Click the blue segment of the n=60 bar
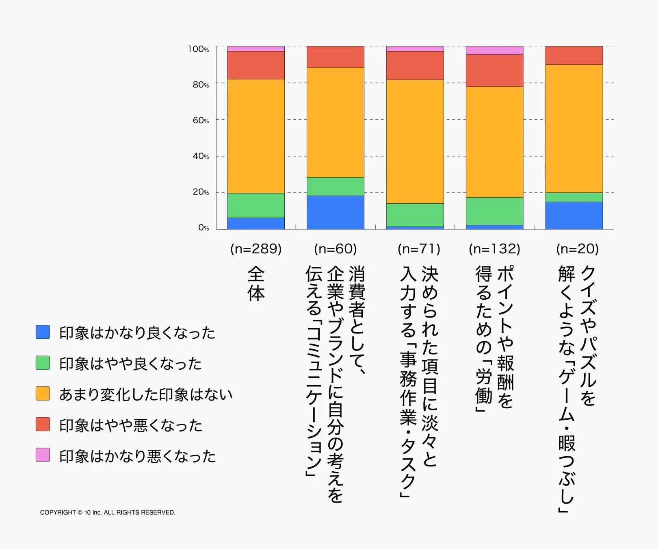tap(335, 212)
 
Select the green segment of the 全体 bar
tap(255, 205)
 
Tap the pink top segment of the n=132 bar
tap(494, 50)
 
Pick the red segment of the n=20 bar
tap(574, 55)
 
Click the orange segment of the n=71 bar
tap(415, 142)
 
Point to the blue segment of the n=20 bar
tap(574, 216)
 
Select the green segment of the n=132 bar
tap(494, 211)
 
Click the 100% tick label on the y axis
tap(198, 49)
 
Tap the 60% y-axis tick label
tap(201, 120)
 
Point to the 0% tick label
tap(203, 228)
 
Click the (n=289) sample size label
tap(256, 248)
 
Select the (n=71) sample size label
tap(419, 248)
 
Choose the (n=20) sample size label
tap(577, 248)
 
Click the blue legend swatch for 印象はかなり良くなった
tap(43, 332)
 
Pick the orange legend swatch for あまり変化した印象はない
tap(43, 393)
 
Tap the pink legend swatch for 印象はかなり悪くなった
tap(43, 455)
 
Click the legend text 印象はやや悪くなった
tap(130, 425)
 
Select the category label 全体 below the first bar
tap(256, 283)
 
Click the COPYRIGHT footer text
tap(107, 512)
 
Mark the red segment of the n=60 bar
tap(335, 57)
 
